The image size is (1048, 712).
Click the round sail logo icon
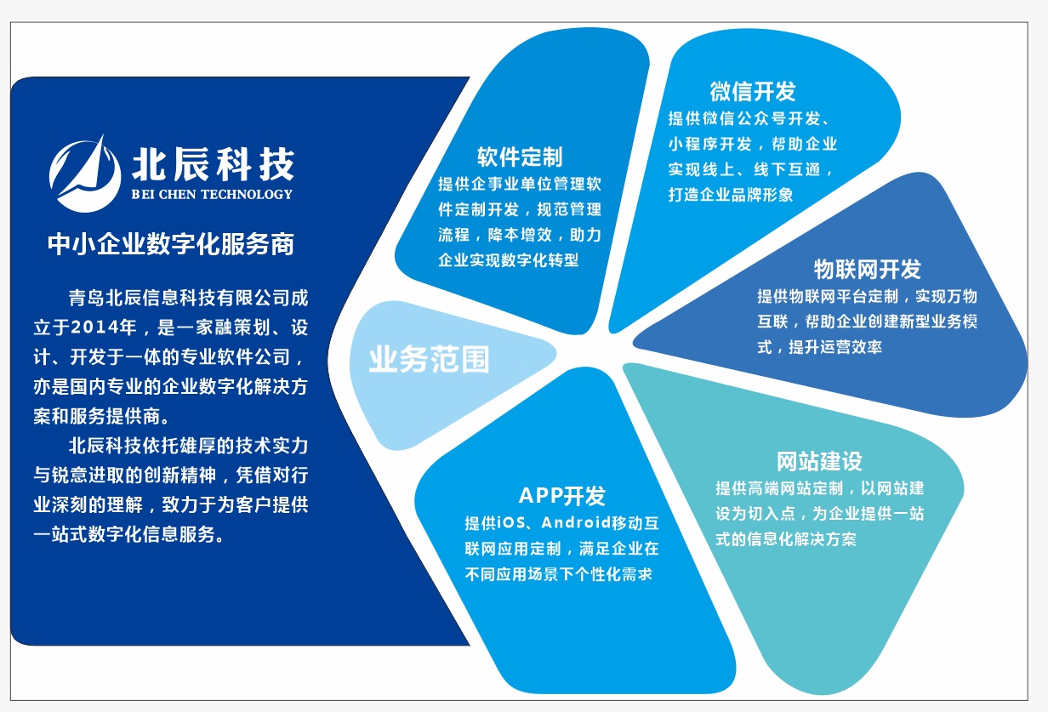[85, 174]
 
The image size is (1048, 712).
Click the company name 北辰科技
[213, 164]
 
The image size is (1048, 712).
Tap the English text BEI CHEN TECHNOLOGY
[212, 194]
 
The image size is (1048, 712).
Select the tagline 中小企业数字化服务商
[171, 244]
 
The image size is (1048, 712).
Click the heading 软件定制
[520, 157]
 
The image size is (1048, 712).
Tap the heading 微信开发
[752, 91]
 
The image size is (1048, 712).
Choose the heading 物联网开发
[867, 269]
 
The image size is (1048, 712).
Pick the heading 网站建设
[819, 461]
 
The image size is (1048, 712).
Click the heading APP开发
[562, 496]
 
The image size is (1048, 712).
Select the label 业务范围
[429, 359]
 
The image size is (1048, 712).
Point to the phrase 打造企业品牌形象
[731, 195]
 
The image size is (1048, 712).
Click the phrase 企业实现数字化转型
[508, 260]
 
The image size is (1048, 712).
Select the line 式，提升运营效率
[820, 347]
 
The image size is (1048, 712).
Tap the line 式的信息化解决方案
[786, 539]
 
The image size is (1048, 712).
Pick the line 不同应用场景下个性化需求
[558, 574]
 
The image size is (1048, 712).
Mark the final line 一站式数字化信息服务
[128, 534]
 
